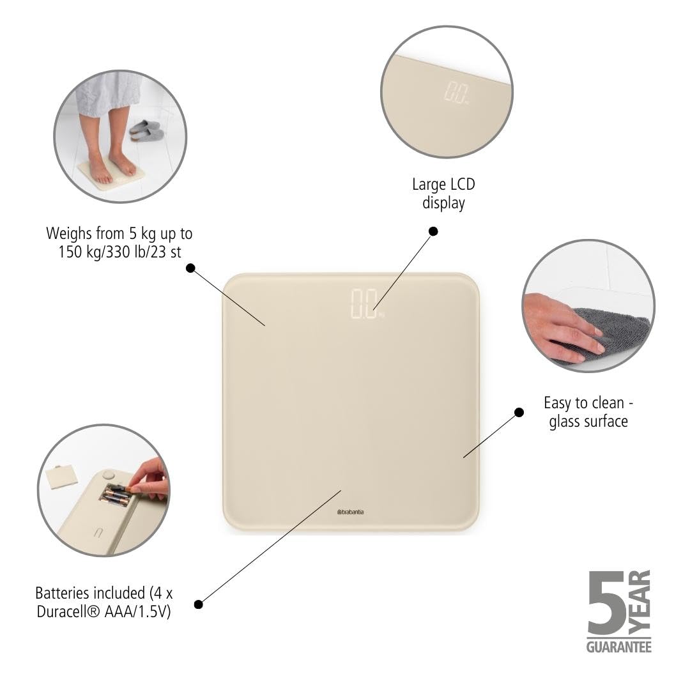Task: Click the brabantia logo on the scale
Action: point(350,512)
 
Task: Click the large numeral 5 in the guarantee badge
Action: point(607,602)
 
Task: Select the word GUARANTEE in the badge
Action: point(618,647)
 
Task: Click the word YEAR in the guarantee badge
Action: point(640,602)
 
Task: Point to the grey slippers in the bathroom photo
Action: point(146,131)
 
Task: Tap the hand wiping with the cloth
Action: point(561,326)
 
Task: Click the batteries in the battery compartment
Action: point(115,495)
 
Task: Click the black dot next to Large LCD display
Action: point(433,231)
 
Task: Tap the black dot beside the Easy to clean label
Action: point(519,412)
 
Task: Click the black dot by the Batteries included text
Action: point(199,604)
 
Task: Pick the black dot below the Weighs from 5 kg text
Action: point(190,268)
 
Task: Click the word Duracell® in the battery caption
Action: point(68,611)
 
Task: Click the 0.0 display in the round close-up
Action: point(456,93)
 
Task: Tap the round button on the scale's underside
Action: point(108,475)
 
